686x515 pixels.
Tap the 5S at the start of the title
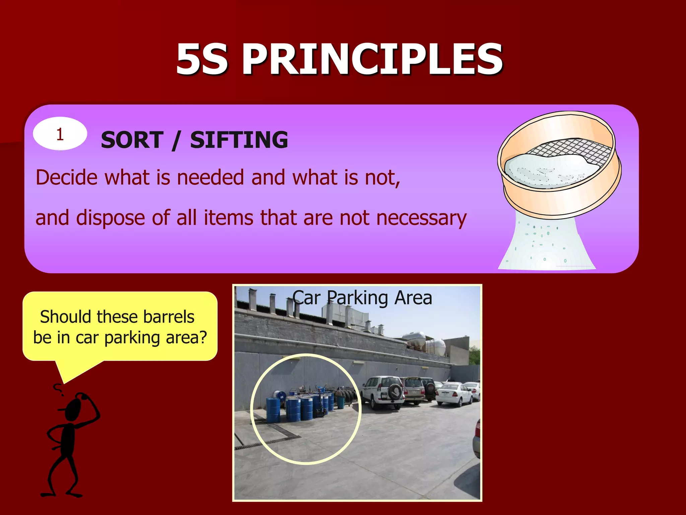[x=202, y=60]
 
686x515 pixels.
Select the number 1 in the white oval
[x=60, y=134]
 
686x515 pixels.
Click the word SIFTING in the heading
[x=239, y=140]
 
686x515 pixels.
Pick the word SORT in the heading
[x=132, y=140]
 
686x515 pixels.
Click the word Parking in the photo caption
[x=357, y=298]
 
